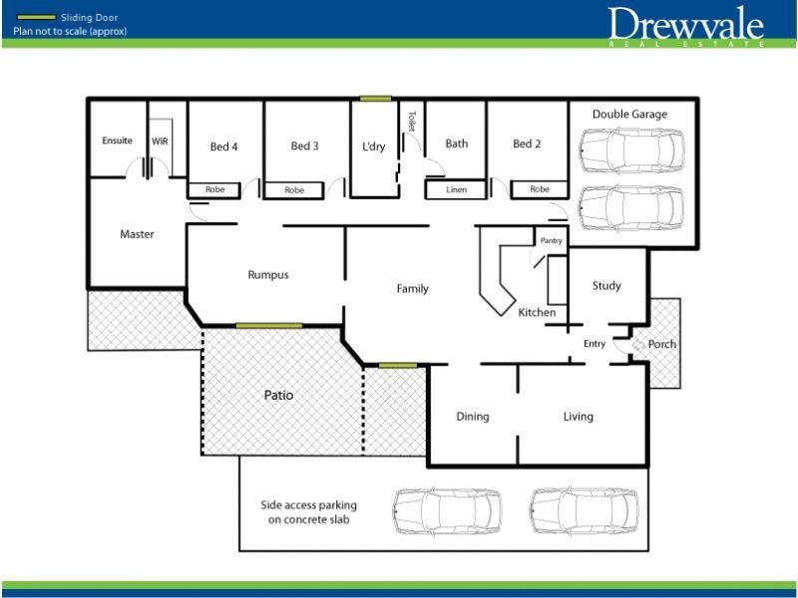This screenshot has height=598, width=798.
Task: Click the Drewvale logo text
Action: (686, 24)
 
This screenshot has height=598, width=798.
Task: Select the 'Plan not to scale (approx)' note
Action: (70, 31)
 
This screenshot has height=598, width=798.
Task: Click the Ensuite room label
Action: (117, 141)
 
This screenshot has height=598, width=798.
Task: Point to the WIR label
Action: (160, 141)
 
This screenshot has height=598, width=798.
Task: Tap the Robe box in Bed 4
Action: (214, 189)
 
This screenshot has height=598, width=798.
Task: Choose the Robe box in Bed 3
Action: (294, 189)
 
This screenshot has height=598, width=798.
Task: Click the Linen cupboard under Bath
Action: (456, 189)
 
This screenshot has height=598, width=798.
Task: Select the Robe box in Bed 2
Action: (539, 189)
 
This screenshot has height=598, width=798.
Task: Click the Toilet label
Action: (410, 122)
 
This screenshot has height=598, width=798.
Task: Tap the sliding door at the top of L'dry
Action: (375, 98)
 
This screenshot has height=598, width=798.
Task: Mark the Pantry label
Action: (551, 240)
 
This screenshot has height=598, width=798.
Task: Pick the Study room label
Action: (606, 286)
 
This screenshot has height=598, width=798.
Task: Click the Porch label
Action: (661, 344)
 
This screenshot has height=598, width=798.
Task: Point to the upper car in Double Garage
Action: (630, 149)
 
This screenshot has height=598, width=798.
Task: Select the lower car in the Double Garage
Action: (630, 207)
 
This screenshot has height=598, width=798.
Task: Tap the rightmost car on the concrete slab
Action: (584, 509)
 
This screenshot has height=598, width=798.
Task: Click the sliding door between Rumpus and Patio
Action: (268, 325)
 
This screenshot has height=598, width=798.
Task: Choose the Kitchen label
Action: (537, 313)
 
